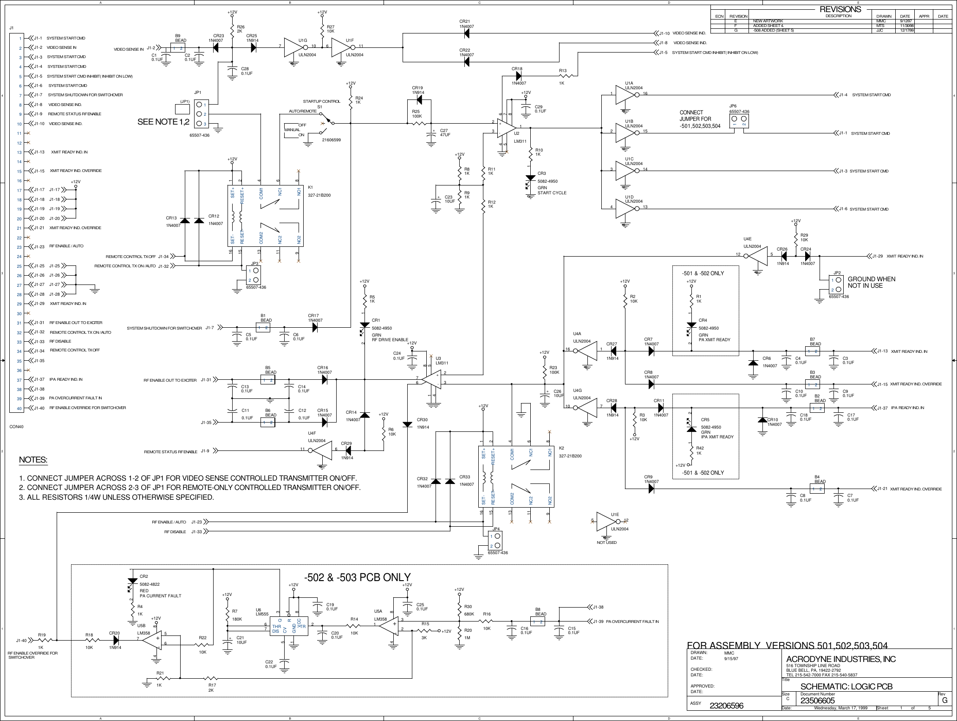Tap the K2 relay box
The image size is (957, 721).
pos(516,477)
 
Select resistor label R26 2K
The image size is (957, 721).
pos(240,29)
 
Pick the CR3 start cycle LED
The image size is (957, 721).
pos(530,179)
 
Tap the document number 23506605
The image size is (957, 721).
pos(818,701)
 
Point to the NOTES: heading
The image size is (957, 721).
pos(33,460)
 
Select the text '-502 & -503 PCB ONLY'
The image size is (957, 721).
pos(357,577)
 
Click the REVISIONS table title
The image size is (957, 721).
pos(840,9)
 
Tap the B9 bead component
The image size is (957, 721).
pos(177,48)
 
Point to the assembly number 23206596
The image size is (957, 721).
pos(727,706)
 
